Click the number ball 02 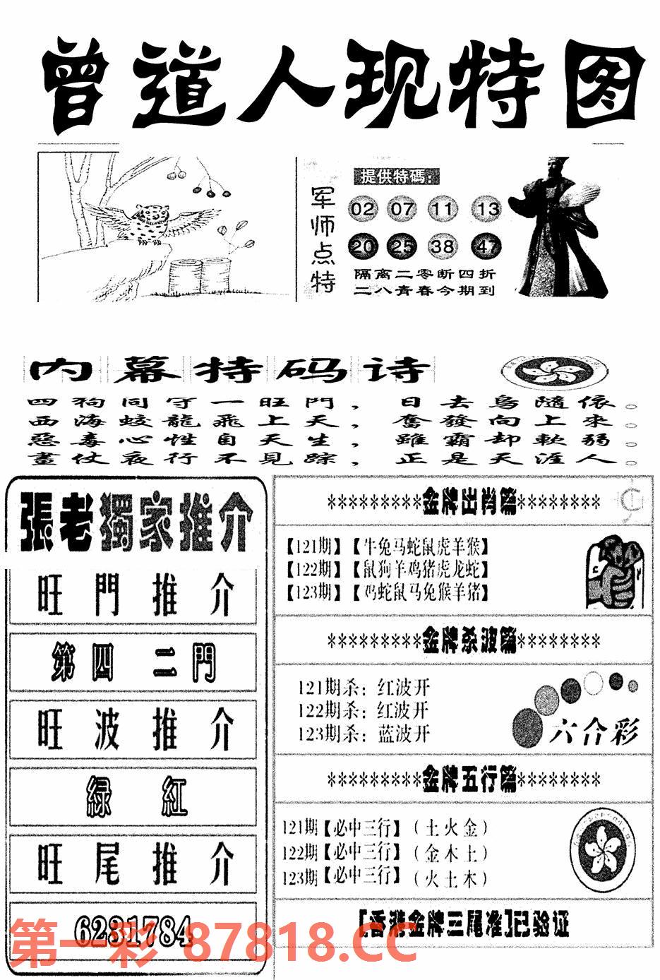362,209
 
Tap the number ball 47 486,246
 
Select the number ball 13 486,209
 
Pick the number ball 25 403,246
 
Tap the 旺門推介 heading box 133,595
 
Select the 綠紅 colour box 133,796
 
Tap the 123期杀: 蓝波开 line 364,733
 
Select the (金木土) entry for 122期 450,854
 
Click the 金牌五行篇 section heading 464,780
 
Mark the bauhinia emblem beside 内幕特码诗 552,369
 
